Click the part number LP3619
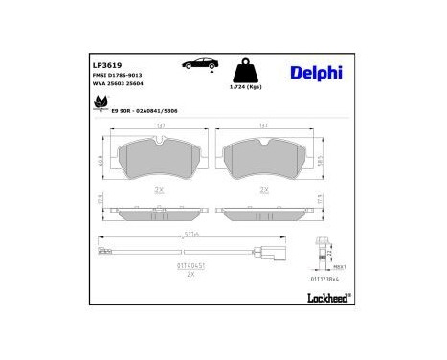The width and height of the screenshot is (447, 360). click(x=107, y=67)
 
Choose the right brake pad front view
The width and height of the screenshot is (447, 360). click(x=261, y=155)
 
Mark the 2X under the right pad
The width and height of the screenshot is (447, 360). click(x=262, y=190)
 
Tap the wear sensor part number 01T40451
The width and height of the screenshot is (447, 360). click(x=191, y=265)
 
